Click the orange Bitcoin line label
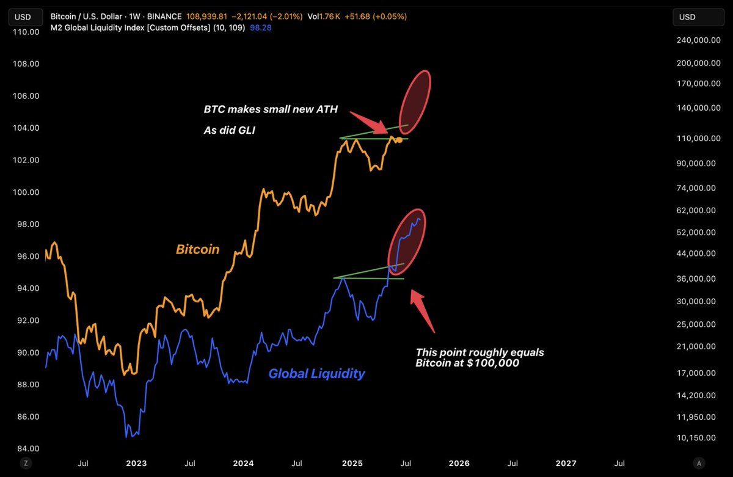197,249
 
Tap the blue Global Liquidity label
316,373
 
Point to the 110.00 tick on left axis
23,32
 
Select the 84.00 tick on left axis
23,448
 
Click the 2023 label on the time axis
136,464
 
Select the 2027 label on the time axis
566,464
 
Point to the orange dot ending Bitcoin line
399,140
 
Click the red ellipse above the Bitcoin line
415,102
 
